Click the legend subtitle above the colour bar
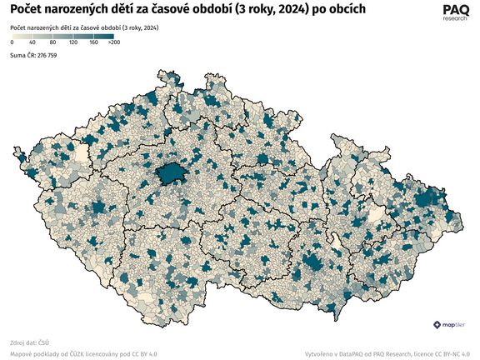click(84, 28)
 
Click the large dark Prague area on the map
click(171, 172)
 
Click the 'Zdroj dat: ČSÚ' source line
click(30, 342)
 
